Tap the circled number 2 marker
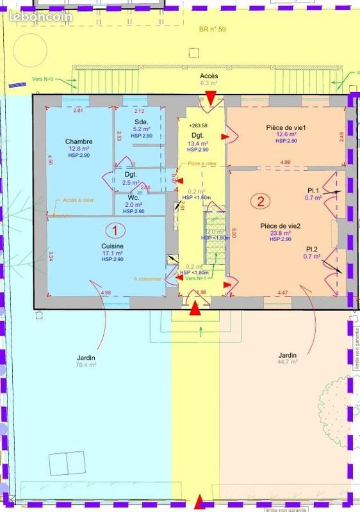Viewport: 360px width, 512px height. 261,202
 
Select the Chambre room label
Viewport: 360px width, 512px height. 79,141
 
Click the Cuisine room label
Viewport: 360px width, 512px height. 112,246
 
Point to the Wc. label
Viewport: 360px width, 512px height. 134,198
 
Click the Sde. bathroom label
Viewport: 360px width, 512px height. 141,122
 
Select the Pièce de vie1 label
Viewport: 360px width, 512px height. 286,127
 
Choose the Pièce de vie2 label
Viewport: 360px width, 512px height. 281,226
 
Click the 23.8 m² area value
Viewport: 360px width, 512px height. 281,233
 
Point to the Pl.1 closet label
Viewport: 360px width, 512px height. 313,190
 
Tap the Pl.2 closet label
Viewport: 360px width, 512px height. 312,248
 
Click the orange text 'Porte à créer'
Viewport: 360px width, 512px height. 202,164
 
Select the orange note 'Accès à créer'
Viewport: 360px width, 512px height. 78,200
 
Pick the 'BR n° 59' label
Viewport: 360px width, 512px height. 212,29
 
